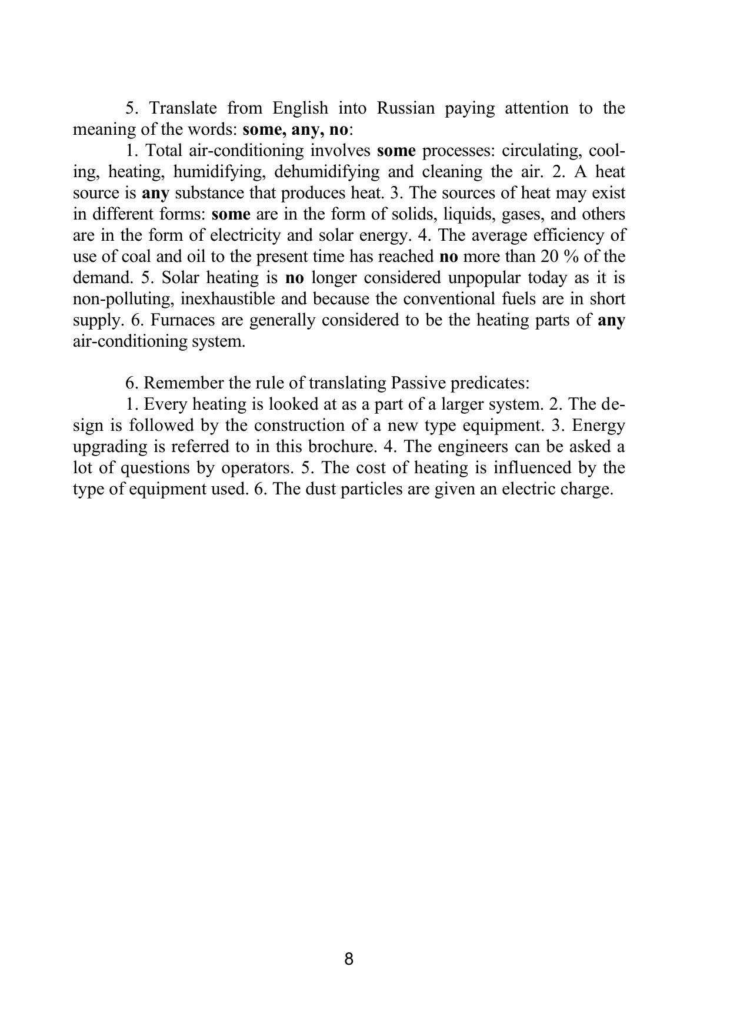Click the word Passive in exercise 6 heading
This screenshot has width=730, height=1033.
pyautogui.click(x=418, y=383)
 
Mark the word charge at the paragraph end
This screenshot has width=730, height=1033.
pyautogui.click(x=585, y=489)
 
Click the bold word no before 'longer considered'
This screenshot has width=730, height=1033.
pyautogui.click(x=294, y=278)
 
